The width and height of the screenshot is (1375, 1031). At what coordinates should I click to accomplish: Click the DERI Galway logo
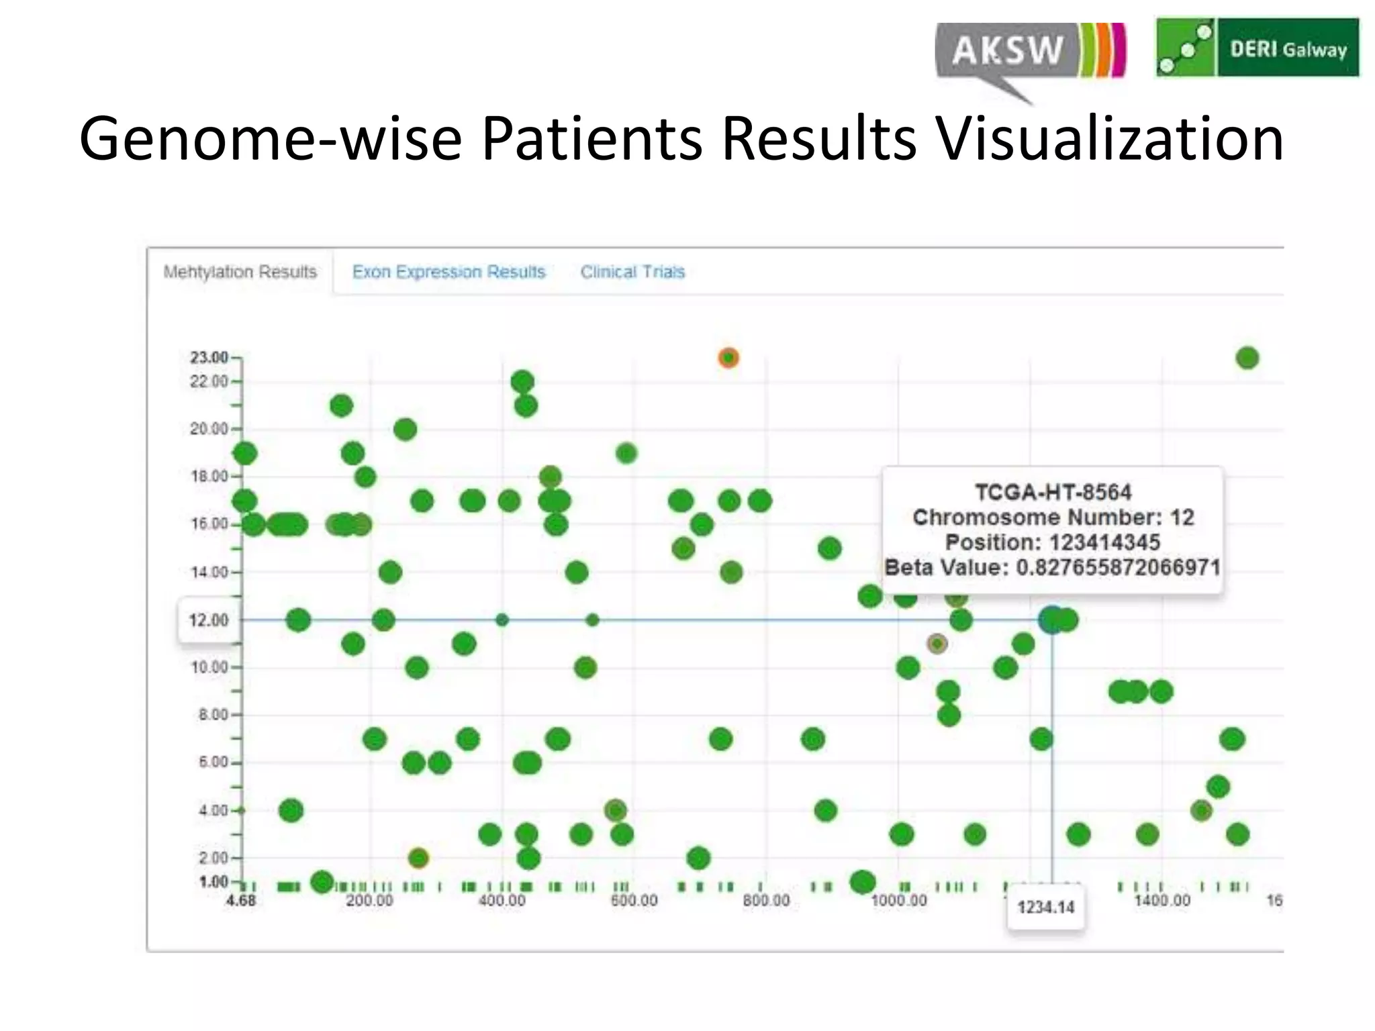(1257, 48)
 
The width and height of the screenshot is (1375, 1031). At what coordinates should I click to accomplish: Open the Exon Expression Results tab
(448, 272)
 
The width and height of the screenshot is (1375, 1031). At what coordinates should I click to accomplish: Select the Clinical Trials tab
(632, 272)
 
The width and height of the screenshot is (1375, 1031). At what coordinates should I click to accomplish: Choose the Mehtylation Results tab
(240, 272)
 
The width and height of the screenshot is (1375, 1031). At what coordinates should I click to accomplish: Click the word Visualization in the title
(1109, 139)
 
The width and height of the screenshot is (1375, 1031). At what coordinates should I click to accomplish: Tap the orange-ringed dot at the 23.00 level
(728, 358)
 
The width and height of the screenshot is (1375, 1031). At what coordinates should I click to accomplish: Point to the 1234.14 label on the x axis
(1045, 907)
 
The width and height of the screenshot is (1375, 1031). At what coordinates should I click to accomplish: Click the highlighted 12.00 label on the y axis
(208, 620)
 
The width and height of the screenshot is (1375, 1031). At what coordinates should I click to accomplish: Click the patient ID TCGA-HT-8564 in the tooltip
(1053, 493)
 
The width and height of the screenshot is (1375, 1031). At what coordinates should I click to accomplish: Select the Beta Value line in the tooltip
(1052, 568)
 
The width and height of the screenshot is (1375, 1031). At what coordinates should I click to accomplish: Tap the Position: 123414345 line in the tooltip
(1052, 542)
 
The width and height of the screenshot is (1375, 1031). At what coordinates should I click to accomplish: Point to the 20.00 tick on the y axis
(209, 429)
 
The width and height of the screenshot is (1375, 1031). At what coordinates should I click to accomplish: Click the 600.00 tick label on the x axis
(634, 901)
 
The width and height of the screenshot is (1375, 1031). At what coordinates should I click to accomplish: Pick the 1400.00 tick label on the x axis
(1161, 901)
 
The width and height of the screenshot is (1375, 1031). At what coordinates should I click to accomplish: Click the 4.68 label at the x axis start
(240, 901)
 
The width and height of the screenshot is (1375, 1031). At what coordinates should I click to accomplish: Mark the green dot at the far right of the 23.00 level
(1247, 358)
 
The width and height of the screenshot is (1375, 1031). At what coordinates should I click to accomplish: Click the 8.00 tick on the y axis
(214, 715)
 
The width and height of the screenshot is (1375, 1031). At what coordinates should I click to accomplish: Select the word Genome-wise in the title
(270, 139)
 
